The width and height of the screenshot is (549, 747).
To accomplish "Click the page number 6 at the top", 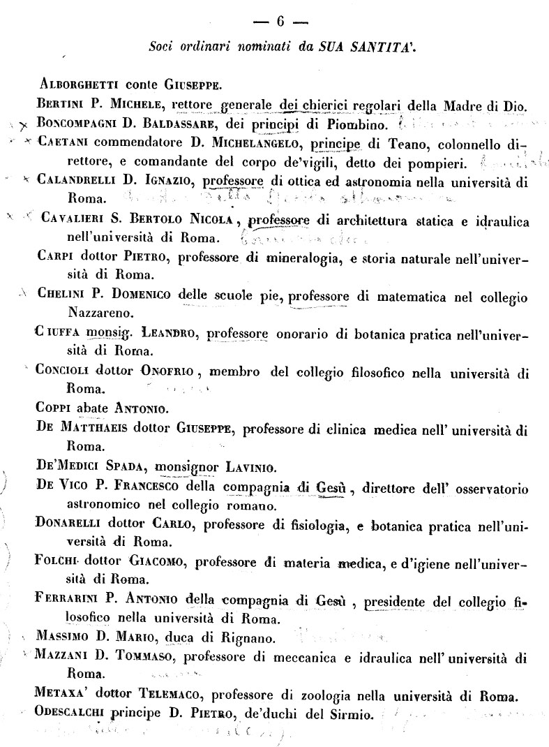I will [x=280, y=22].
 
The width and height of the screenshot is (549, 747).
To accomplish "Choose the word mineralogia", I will [x=305, y=256].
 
